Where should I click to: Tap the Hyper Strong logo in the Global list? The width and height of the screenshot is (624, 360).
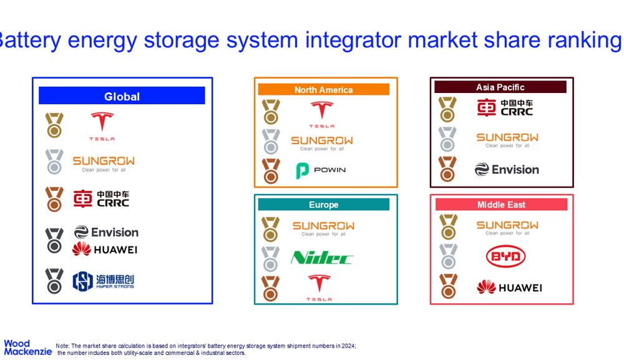[104, 281]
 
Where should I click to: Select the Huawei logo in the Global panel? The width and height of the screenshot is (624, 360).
[105, 249]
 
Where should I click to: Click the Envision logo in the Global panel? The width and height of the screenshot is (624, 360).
[106, 232]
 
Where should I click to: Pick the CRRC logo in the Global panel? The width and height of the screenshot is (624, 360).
[102, 199]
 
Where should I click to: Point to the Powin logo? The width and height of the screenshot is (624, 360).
[321, 170]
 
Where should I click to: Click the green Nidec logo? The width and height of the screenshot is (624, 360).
[321, 258]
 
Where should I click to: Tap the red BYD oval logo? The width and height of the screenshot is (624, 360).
[506, 256]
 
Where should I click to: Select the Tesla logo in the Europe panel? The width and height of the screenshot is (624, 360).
[319, 287]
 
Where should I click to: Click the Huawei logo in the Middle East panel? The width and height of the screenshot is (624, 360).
[509, 287]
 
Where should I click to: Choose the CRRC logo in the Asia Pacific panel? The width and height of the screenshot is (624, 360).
[505, 108]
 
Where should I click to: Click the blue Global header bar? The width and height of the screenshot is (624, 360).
[122, 96]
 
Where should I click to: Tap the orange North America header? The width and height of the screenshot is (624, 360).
[323, 89]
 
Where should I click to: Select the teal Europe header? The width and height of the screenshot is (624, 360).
[323, 205]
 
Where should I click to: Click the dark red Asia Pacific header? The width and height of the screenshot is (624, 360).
[500, 87]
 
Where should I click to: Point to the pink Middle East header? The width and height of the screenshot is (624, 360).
[502, 205]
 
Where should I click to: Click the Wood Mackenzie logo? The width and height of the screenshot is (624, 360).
[28, 348]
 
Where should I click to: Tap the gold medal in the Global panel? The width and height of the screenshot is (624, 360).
[54, 125]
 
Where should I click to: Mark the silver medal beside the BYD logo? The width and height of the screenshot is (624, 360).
[449, 256]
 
